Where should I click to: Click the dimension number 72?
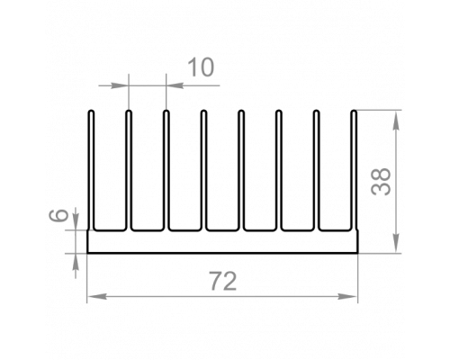(223, 281)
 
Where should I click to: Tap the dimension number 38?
(381, 181)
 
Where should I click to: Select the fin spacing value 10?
(201, 67)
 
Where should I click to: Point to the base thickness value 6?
(58, 216)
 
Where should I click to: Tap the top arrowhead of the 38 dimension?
(396, 121)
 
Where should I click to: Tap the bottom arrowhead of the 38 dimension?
(396, 242)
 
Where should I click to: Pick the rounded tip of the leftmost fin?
(92, 112)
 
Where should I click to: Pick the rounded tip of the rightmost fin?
(354, 112)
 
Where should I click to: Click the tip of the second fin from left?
(129, 112)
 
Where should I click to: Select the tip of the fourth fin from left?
(203, 112)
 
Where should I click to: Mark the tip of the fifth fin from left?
(241, 112)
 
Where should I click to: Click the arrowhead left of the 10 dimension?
(120, 85)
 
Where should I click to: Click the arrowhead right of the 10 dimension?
(175, 85)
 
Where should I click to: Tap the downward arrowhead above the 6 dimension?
(76, 221)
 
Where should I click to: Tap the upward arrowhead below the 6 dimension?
(76, 263)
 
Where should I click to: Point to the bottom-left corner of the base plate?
(87, 253)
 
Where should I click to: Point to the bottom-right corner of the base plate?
(358, 253)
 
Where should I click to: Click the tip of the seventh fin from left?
(316, 112)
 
